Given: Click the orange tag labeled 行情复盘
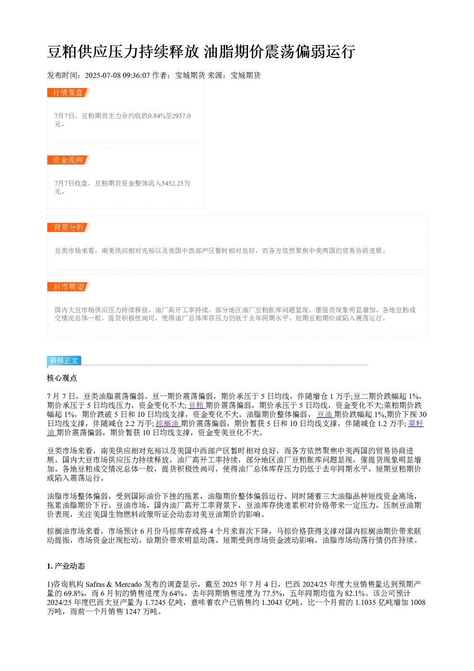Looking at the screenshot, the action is click(x=68, y=93).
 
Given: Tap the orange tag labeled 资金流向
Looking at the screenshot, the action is click(x=68, y=160).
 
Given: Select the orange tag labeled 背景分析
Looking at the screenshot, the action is click(x=68, y=227).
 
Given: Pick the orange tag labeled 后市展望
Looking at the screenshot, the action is click(x=68, y=286).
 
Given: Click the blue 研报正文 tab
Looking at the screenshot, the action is click(x=64, y=360).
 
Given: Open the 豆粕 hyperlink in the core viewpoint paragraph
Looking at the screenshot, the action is click(x=196, y=405).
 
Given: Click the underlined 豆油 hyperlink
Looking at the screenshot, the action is click(x=325, y=414).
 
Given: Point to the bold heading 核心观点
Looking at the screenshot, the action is click(x=62, y=378).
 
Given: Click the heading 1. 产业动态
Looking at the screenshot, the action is click(x=66, y=566).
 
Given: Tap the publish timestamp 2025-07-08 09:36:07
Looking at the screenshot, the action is click(x=117, y=75).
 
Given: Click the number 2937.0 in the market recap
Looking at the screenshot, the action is click(x=182, y=116).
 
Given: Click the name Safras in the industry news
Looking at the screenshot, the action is click(x=95, y=584).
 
